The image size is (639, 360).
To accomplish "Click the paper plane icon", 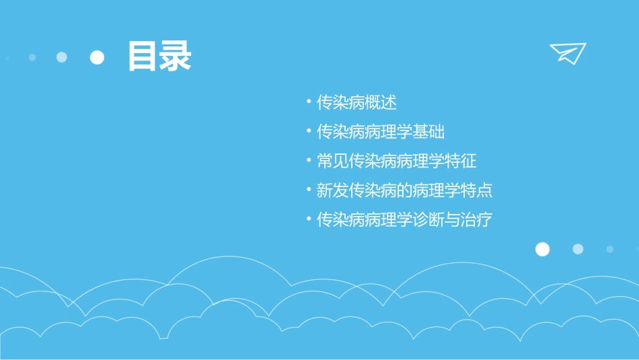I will (x=567, y=52).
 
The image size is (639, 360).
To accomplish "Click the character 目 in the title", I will (x=143, y=57).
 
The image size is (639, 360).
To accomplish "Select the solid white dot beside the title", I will (x=98, y=57).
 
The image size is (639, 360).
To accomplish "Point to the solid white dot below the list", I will (x=542, y=249).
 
